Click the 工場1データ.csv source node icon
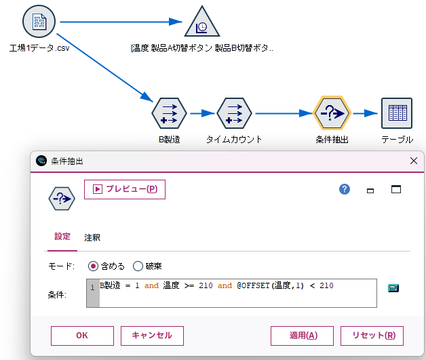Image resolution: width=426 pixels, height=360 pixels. pyautogui.click(x=39, y=22)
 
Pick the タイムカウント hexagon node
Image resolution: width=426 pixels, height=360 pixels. pyautogui.click(x=234, y=113)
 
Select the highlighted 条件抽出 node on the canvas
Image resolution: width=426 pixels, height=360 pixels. pyautogui.click(x=332, y=113)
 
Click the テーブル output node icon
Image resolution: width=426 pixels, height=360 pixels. pyautogui.click(x=397, y=113)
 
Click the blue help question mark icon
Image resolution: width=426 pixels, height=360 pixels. pyautogui.click(x=345, y=189)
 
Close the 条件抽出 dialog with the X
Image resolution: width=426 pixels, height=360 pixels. pyautogui.click(x=414, y=161)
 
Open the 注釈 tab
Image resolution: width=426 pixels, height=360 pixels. pyautogui.click(x=92, y=237)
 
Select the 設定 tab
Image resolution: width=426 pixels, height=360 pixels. pyautogui.click(x=62, y=237)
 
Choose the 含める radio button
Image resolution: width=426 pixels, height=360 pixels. pyautogui.click(x=94, y=266)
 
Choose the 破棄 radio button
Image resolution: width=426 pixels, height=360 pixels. pyautogui.click(x=138, y=266)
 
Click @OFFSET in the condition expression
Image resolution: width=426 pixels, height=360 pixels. pyautogui.click(x=252, y=286)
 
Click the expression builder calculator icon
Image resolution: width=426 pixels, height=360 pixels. pyautogui.click(x=393, y=287)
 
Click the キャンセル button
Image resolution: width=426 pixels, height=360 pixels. pyautogui.click(x=152, y=335)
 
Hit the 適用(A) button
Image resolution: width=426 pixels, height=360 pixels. pyautogui.click(x=302, y=335)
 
